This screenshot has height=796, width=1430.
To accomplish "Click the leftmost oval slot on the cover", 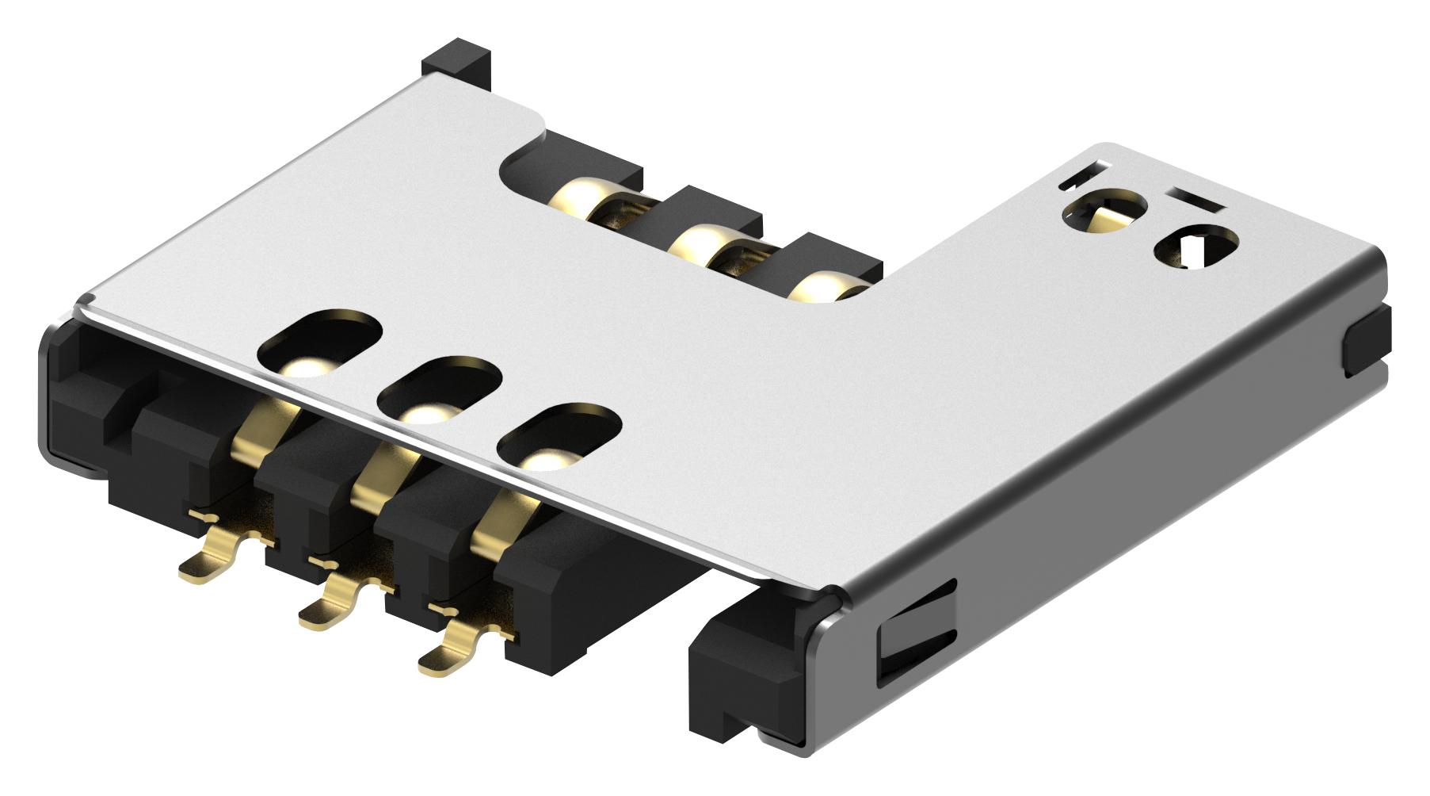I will [320, 343].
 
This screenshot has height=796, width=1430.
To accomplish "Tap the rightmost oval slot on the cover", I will [562, 434].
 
